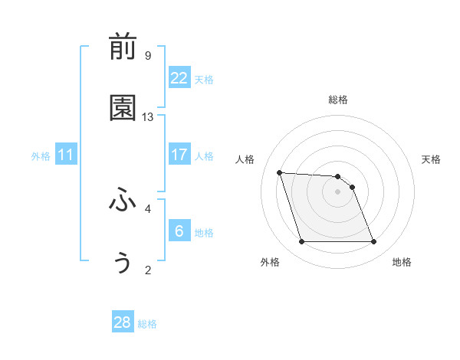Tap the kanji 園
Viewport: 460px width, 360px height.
point(123,109)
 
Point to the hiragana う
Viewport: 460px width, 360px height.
point(123,263)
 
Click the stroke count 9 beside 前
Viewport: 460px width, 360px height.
point(147,56)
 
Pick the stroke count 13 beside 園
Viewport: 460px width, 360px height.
point(148,117)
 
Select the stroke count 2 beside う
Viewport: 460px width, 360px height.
point(147,270)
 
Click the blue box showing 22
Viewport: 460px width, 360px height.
point(179,78)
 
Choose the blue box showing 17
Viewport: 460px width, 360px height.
point(179,155)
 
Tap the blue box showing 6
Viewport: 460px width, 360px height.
point(179,231)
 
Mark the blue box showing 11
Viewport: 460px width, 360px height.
point(66,155)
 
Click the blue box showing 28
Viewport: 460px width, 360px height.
point(123,322)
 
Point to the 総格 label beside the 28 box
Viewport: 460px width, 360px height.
point(147,324)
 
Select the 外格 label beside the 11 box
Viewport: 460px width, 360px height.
point(41,156)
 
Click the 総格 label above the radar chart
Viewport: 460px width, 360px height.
point(337,100)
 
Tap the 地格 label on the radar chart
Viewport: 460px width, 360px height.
point(402,262)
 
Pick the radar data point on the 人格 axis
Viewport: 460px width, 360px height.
point(280,172)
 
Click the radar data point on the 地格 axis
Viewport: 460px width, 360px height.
point(373,242)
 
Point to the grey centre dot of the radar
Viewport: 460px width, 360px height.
point(337,191)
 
